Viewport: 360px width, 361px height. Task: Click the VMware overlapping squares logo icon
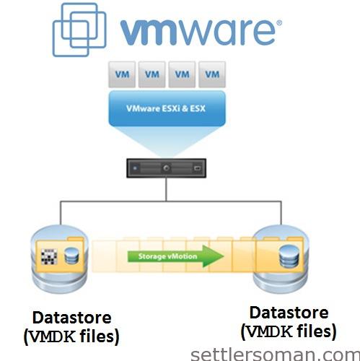(x=79, y=30)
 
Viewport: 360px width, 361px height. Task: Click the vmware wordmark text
(x=198, y=32)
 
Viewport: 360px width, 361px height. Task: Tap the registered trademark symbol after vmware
(x=279, y=23)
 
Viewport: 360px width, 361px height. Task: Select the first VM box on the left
(x=122, y=74)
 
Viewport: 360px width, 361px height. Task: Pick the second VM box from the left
(x=152, y=74)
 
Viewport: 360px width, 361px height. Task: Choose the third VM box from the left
(x=182, y=74)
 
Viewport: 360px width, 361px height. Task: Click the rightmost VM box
(x=212, y=74)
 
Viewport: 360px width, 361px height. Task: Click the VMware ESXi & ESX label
(x=166, y=108)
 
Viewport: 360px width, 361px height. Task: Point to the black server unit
(x=167, y=168)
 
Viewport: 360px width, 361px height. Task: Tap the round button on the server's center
(x=167, y=168)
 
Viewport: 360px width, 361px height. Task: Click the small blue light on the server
(x=135, y=168)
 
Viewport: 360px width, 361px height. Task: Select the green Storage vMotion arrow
(x=175, y=256)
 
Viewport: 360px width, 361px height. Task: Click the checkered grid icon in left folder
(x=49, y=256)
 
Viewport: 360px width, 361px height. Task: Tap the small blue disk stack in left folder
(x=71, y=256)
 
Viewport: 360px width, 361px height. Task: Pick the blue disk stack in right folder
(x=289, y=256)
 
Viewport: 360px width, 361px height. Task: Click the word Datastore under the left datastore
(x=72, y=318)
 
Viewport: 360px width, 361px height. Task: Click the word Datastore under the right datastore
(x=289, y=313)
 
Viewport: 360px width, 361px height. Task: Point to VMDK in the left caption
(x=53, y=336)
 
